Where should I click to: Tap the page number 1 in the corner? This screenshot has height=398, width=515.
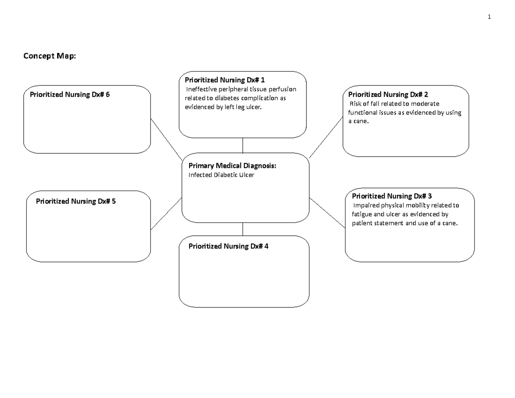click(488, 17)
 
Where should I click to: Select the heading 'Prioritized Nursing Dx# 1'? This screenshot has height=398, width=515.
click(225, 80)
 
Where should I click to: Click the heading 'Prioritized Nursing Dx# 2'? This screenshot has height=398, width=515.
click(388, 94)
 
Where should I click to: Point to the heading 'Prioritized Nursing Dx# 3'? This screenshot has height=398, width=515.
click(395, 196)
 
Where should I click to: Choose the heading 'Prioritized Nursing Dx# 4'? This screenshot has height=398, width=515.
click(228, 246)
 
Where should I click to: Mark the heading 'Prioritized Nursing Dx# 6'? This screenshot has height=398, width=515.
click(70, 94)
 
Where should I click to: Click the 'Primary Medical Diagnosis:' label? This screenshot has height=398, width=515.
click(230, 166)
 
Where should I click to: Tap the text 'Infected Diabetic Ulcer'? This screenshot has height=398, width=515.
click(221, 175)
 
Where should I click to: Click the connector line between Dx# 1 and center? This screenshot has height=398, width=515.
click(243, 146)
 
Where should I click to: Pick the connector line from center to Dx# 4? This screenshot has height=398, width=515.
click(243, 229)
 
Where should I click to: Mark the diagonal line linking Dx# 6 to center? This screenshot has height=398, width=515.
click(167, 138)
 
